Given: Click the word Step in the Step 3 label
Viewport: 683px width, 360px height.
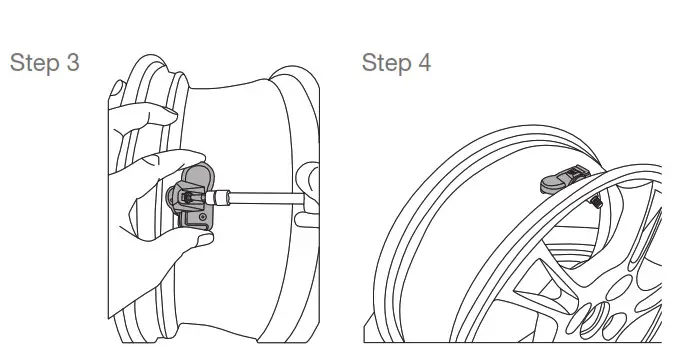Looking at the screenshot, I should [x=35, y=63].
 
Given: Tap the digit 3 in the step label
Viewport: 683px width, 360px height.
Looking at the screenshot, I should [x=74, y=63].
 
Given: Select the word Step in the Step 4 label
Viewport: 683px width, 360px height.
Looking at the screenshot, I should [x=385, y=63].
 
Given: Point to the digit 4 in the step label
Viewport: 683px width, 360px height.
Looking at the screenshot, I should [x=425, y=63].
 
